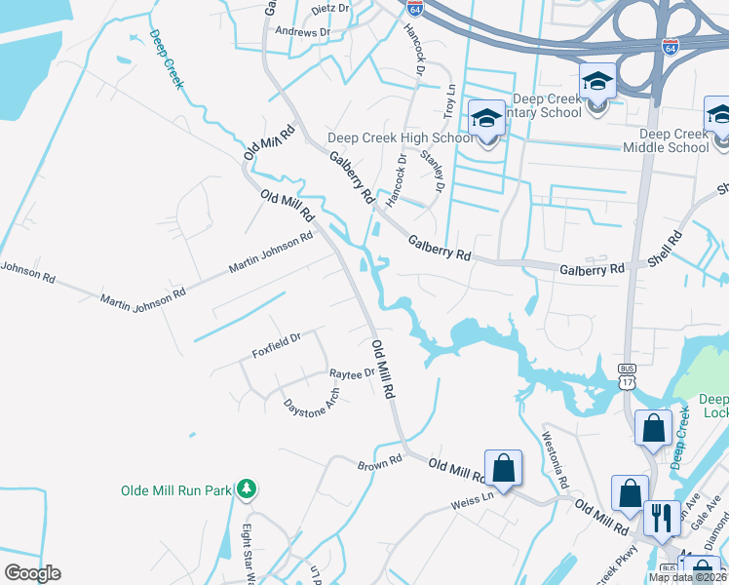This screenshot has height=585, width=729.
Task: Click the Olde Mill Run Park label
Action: point(175,490)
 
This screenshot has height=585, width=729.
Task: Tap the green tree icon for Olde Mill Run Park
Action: point(248,488)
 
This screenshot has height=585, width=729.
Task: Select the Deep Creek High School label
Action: point(401,138)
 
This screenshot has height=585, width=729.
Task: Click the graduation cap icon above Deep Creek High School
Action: point(485,120)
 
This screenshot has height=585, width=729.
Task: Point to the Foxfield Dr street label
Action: point(277,345)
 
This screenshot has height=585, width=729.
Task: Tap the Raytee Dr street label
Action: point(352,373)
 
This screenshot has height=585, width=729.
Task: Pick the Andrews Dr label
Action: point(303,32)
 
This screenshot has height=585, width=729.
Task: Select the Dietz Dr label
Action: point(329,8)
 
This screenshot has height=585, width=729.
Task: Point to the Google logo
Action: point(33,572)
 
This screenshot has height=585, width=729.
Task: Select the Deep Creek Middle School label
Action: point(674,141)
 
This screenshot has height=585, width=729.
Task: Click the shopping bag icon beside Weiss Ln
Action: point(504,468)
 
